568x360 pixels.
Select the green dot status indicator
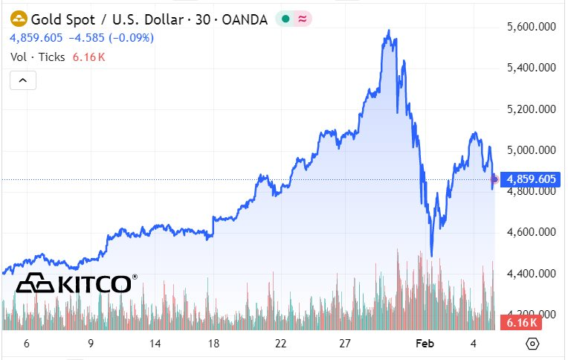tap(285, 19)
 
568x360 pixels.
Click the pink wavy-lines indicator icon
tap(303, 19)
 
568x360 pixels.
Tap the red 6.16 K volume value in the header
tap(88, 57)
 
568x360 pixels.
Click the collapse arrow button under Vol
tap(22, 80)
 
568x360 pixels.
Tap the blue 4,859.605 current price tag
tap(531, 179)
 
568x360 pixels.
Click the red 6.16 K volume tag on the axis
tap(522, 323)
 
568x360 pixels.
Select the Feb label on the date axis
tap(424, 344)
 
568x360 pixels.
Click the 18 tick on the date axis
tap(214, 344)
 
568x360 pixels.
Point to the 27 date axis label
tap(345, 344)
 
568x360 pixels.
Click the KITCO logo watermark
tap(77, 284)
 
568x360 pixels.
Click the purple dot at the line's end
tap(495, 179)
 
